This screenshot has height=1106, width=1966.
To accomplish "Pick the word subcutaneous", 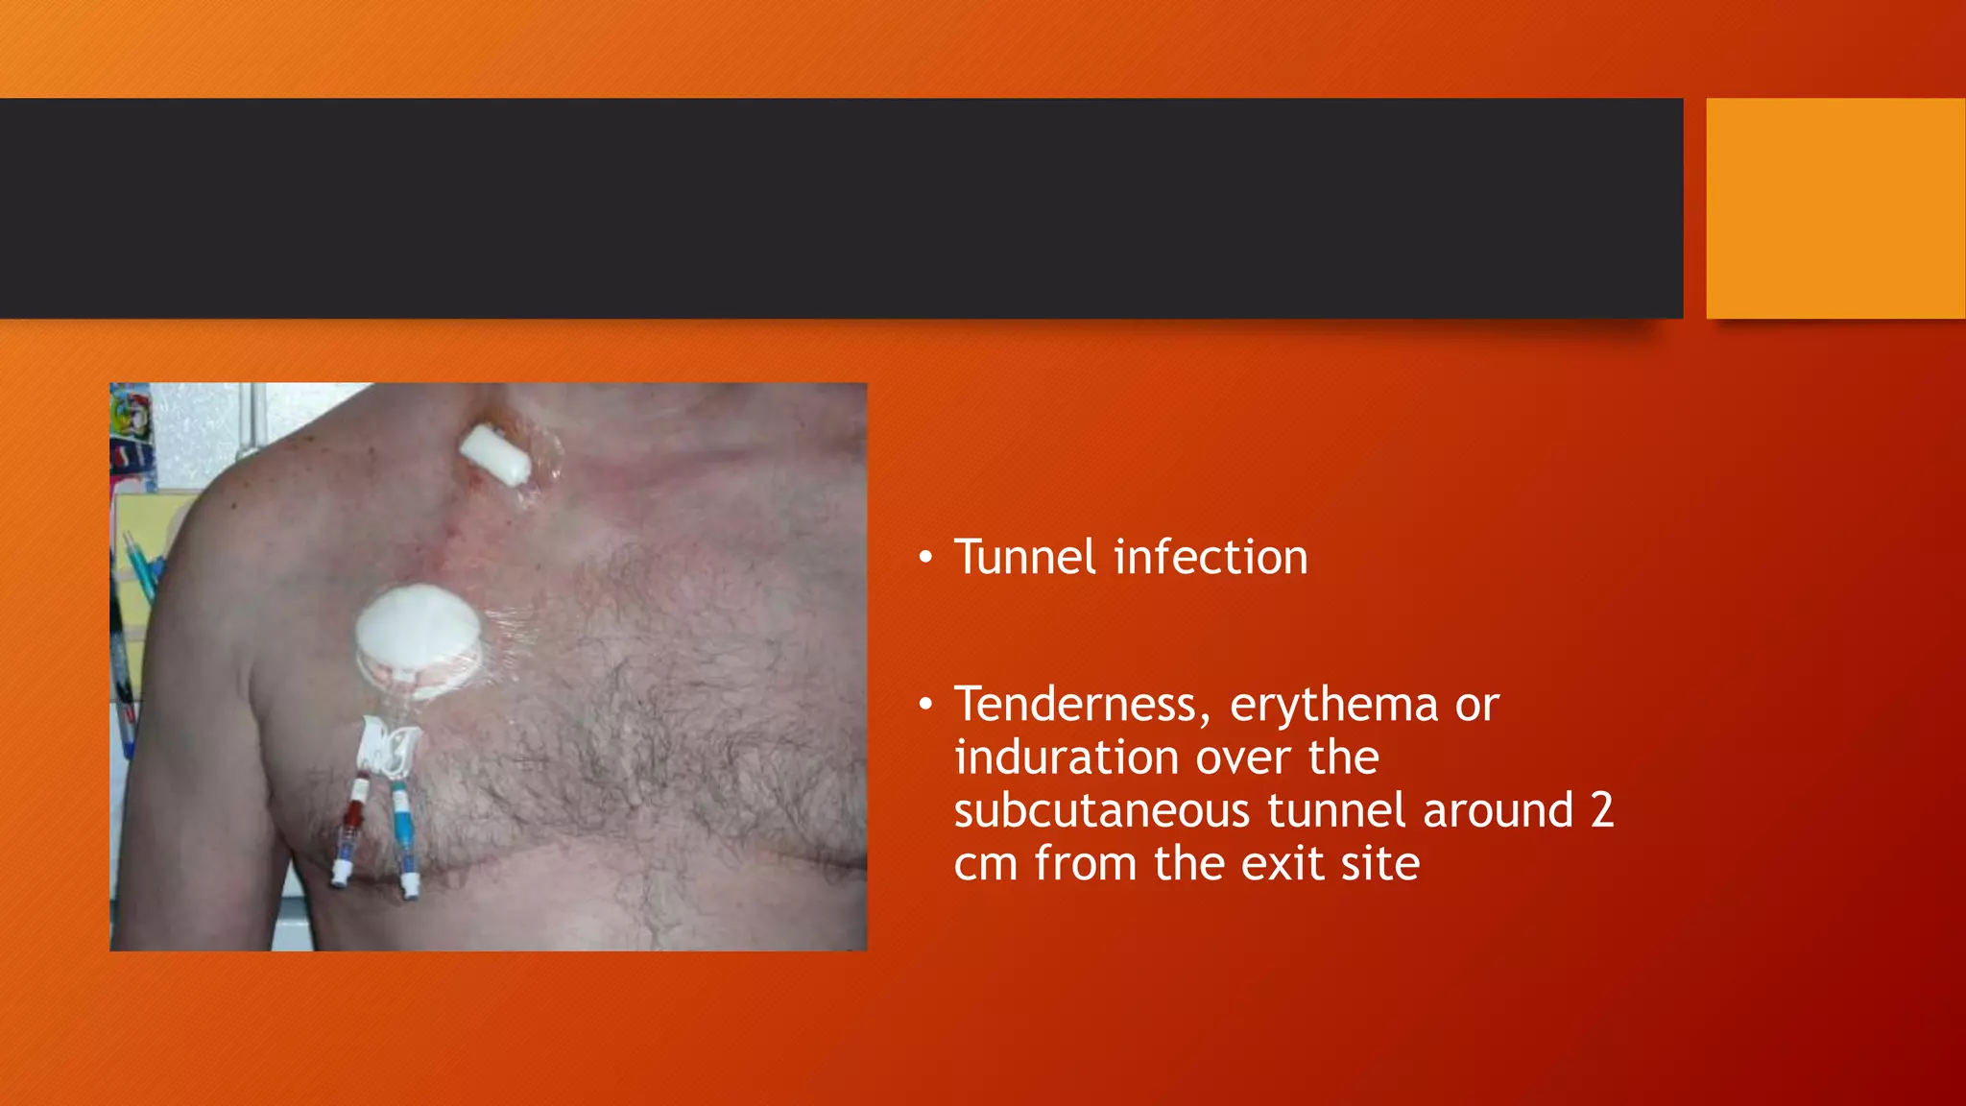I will click(x=1101, y=811).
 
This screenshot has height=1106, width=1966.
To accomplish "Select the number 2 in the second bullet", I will click(x=1601, y=810).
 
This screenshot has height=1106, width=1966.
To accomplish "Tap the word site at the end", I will click(x=1379, y=863).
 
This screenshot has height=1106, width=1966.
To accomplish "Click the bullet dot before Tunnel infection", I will click(x=925, y=558).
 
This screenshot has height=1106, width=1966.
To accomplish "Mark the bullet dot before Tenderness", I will click(x=925, y=706).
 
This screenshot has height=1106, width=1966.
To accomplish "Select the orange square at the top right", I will click(x=1834, y=207).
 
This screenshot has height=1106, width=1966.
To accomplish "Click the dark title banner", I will click(x=841, y=207).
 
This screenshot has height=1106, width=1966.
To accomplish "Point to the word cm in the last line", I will click(x=985, y=863).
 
